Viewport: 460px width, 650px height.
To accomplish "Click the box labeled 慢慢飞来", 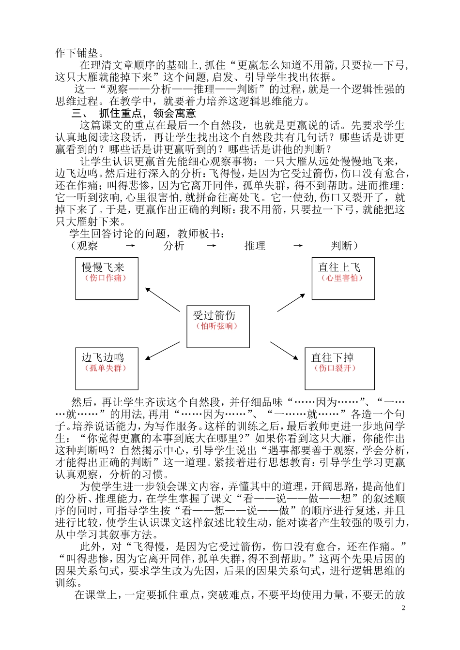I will pos(107,278).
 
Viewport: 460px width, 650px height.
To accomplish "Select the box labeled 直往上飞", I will pos(343,278).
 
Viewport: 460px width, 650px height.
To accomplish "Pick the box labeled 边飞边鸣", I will pos(107,369).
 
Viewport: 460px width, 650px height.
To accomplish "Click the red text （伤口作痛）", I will pos(106,278).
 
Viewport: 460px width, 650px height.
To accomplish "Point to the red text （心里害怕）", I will pos(342,278).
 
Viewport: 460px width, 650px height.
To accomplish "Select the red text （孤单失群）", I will pos(106,368).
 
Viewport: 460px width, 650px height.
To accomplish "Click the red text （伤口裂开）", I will pos(335,368).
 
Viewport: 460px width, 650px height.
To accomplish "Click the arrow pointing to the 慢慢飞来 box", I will pos(162,300).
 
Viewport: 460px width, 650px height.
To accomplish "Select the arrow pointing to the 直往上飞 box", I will pos(291,302).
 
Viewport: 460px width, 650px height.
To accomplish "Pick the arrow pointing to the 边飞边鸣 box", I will pos(163,351).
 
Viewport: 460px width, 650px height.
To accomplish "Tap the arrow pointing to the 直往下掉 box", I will pos(284,351).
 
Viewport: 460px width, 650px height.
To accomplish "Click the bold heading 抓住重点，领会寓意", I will pos(147,114).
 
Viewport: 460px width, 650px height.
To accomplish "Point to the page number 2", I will pos(403,608).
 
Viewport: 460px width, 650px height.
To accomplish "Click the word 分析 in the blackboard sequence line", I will pos(174,246).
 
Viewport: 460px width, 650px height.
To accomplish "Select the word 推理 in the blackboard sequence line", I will pos(255,246).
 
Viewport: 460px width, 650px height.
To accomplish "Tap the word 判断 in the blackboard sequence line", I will pos(341,246).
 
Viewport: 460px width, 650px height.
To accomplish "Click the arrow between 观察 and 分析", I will pos(130,246).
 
